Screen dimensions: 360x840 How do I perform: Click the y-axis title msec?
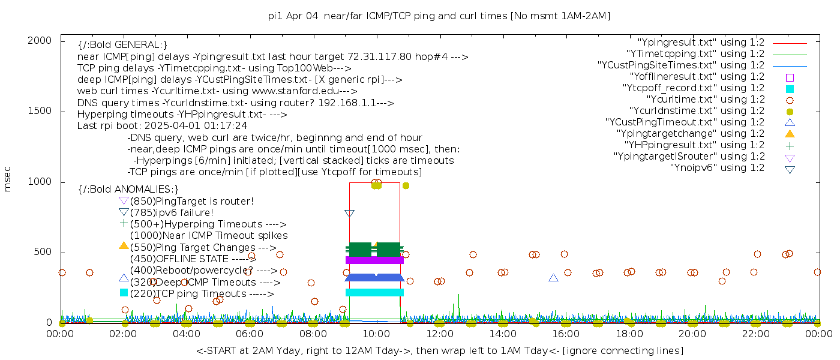click(8, 179)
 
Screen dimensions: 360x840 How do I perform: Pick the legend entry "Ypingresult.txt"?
click(701, 43)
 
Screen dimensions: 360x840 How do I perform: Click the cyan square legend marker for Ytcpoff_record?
click(790, 88)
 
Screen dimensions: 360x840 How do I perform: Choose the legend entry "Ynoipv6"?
click(717, 168)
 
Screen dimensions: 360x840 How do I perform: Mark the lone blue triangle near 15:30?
click(553, 278)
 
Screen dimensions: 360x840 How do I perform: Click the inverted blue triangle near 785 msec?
click(350, 213)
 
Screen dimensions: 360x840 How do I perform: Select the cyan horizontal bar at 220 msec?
click(374, 293)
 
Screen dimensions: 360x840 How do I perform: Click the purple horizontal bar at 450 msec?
click(374, 260)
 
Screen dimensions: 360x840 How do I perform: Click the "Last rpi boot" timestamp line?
click(162, 126)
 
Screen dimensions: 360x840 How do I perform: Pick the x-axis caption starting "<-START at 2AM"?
click(439, 350)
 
